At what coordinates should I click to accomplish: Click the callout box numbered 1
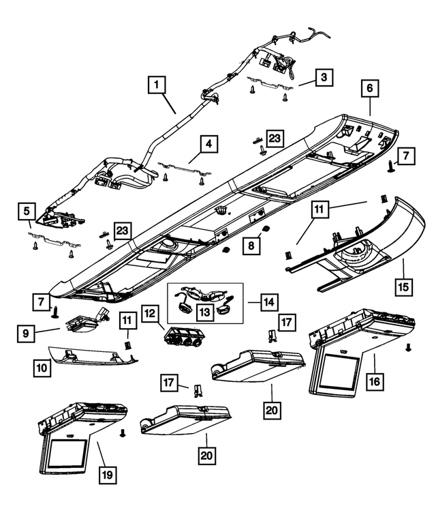point(157,86)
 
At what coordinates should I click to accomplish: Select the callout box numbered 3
point(324,77)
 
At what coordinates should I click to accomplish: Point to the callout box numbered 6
point(370,89)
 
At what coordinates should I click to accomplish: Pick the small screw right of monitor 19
point(122,432)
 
